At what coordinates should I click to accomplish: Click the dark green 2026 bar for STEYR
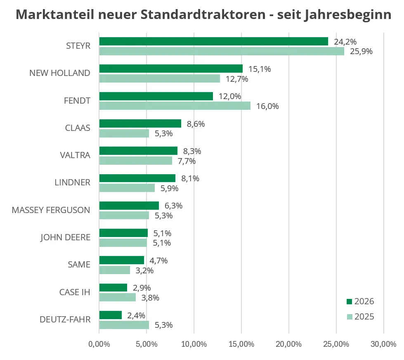(x=214, y=41)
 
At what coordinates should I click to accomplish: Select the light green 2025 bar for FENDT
(x=175, y=106)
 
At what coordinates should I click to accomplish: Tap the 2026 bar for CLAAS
(x=140, y=123)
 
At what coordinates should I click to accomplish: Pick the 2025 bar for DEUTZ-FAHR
(x=124, y=325)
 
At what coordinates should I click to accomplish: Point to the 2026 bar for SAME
(x=122, y=260)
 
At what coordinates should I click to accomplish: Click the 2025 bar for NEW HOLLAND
(x=160, y=78)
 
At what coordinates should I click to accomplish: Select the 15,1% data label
(x=260, y=69)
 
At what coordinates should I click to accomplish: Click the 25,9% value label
(x=361, y=51)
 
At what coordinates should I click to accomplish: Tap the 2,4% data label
(x=136, y=315)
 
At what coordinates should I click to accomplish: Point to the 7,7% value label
(x=187, y=161)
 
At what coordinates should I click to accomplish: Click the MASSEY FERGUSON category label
(x=51, y=210)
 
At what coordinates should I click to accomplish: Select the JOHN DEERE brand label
(x=66, y=237)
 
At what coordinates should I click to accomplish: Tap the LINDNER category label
(x=72, y=182)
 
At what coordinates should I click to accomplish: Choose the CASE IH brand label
(x=75, y=292)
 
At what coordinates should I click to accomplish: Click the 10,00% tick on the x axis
(x=194, y=344)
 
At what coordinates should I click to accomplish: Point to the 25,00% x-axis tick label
(x=336, y=344)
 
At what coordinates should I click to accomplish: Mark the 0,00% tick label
(x=99, y=344)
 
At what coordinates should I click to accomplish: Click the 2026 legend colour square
(x=350, y=301)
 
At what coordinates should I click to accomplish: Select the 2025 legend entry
(x=360, y=317)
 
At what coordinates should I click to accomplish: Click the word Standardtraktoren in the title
(x=203, y=14)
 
